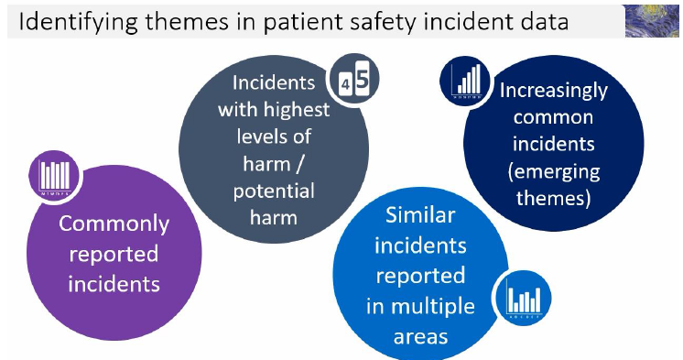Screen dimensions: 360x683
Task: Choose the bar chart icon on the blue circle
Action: coord(523,299)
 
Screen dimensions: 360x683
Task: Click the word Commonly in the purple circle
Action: coord(114,224)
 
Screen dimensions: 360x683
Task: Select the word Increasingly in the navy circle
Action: coord(553,91)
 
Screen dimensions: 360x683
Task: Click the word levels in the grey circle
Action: coord(258,137)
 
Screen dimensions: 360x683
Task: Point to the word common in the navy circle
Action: coord(554,117)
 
